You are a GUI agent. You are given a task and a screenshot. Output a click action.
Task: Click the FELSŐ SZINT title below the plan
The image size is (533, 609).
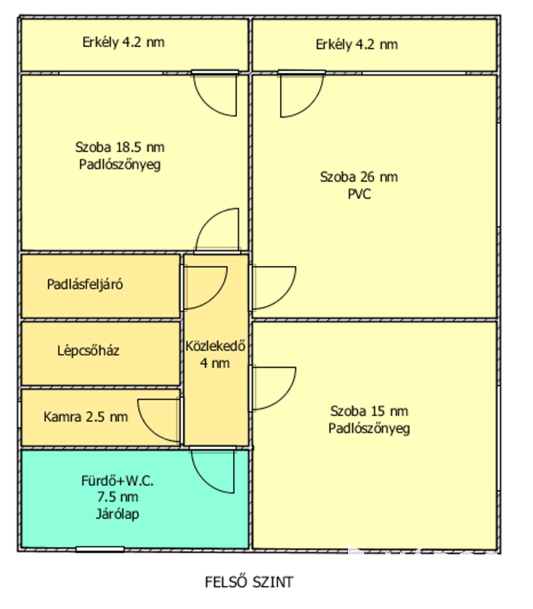click(249, 582)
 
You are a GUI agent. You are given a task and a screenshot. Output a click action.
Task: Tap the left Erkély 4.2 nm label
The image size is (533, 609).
click(123, 42)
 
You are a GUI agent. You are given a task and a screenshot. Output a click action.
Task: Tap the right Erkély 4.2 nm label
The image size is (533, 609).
click(356, 44)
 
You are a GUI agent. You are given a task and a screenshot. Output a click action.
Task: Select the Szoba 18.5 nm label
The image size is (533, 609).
click(120, 147)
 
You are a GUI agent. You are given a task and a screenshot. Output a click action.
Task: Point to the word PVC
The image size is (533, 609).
click(359, 194)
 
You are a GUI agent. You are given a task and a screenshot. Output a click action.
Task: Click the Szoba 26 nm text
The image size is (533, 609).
click(359, 177)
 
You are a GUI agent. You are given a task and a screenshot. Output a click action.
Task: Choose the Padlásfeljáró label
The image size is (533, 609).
click(85, 285)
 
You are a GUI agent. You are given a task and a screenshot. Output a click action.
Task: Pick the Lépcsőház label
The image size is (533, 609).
click(88, 350)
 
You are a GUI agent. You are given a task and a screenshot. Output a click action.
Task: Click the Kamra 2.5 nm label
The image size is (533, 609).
click(85, 417)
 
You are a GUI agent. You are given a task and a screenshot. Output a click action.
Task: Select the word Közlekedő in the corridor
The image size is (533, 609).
click(215, 346)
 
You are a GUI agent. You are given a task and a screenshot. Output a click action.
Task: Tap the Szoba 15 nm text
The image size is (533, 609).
click(369, 411)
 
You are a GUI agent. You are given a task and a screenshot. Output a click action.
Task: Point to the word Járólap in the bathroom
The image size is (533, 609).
click(117, 514)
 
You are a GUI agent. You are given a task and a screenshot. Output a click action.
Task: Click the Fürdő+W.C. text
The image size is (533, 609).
click(117, 481)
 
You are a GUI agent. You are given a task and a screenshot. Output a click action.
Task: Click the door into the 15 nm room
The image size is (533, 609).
click(273, 388)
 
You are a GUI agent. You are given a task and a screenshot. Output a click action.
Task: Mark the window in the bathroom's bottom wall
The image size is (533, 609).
click(100, 550)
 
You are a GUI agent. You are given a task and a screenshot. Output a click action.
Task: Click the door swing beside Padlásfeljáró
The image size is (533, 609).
click(204, 287)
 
